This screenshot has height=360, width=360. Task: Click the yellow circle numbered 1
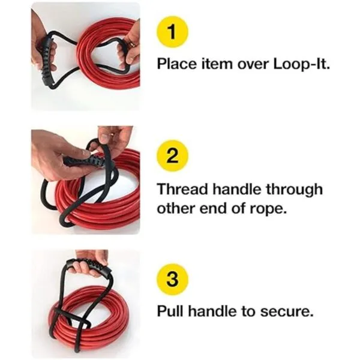pyautogui.click(x=172, y=32)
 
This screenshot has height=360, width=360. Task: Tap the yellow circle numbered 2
pyautogui.click(x=172, y=156)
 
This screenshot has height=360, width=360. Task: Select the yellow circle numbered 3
pyautogui.click(x=172, y=279)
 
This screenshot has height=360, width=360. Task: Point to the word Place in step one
pyautogui.click(x=177, y=64)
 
